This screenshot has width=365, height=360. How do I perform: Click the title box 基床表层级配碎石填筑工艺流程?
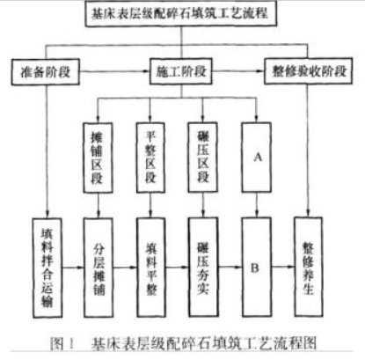[x=181, y=13]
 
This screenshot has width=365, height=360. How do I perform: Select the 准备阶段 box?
[x=46, y=72]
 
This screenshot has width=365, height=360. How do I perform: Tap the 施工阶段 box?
[x=181, y=71]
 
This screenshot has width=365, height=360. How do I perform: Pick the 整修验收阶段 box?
[x=308, y=71]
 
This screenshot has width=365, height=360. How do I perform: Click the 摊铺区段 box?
[x=98, y=158]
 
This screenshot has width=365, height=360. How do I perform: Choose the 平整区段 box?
[x=150, y=158]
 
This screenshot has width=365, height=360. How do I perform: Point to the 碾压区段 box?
[x=202, y=158]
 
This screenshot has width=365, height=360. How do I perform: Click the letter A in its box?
[x=258, y=158]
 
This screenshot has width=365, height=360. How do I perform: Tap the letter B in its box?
[x=255, y=268]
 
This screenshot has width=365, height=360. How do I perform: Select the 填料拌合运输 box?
[x=47, y=268]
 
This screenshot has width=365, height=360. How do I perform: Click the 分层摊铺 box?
[x=99, y=268]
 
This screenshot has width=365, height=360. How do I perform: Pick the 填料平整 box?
[x=151, y=268]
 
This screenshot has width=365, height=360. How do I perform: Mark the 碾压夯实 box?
[x=203, y=267]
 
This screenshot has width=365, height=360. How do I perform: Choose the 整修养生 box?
[x=309, y=267]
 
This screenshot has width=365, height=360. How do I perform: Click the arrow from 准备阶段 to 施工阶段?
[x=114, y=71]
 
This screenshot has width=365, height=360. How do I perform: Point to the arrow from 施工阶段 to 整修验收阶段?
[x=238, y=71]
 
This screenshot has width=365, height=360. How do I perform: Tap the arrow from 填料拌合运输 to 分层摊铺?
[x=73, y=268]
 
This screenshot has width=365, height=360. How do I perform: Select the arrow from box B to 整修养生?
[x=283, y=267]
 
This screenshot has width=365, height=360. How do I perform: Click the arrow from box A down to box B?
[x=257, y=205]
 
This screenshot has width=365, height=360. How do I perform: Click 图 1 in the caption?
[x=62, y=343]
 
